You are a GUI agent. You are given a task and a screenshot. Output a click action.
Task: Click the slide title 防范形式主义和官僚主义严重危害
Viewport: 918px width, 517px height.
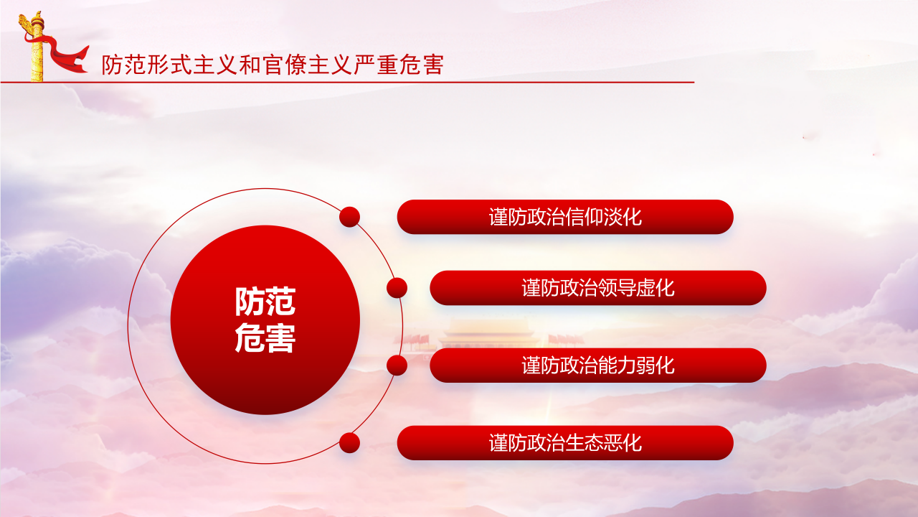point(273,65)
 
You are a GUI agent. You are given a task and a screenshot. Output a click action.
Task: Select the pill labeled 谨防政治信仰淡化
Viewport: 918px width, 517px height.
point(565,217)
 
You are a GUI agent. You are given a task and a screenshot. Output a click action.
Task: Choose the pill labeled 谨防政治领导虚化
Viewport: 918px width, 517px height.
point(598,288)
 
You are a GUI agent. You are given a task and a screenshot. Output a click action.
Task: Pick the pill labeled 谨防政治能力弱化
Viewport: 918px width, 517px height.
point(598,365)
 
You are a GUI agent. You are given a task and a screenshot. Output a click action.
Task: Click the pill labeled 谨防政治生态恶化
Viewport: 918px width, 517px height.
point(565,443)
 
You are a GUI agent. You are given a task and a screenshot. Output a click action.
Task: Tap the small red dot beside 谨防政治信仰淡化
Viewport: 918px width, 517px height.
point(349,217)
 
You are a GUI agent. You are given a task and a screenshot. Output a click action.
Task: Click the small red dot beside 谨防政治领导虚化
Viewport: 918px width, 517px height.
point(397,288)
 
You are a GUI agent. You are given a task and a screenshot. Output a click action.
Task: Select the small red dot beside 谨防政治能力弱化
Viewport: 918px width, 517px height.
point(397,365)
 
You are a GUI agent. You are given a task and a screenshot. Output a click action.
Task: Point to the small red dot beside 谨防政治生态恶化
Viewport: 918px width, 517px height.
point(349,443)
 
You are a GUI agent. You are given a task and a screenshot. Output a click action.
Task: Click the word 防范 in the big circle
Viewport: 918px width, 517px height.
point(265,302)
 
